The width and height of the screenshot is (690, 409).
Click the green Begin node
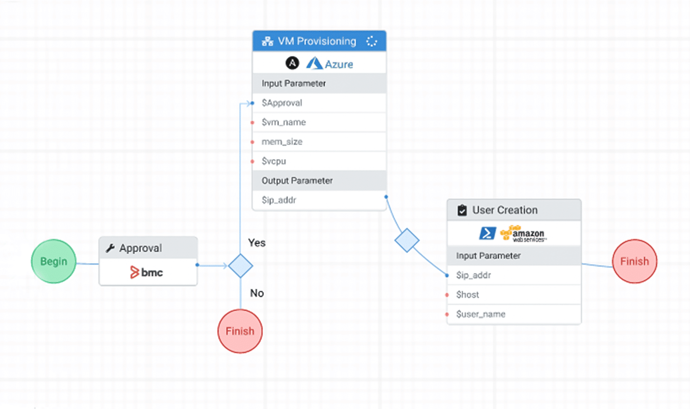53,261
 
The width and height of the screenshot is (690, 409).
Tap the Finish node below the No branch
240,331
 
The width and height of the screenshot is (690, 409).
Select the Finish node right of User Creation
634,261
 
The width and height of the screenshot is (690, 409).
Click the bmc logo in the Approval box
146,273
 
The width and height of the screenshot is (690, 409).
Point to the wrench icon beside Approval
110,248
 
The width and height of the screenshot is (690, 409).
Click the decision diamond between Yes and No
240,266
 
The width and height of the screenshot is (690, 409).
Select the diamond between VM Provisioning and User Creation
407,241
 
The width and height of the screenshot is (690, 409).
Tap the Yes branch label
257,243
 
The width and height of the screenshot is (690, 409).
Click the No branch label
257,293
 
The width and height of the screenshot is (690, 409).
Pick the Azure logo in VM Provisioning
329,64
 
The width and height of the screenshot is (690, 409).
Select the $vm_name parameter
284,122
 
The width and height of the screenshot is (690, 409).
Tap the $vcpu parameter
274,161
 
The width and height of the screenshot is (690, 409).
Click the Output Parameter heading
297,181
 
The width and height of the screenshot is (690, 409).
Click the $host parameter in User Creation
467,294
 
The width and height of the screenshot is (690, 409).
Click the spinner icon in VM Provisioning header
372,41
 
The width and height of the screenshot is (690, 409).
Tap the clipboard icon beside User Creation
462,210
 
